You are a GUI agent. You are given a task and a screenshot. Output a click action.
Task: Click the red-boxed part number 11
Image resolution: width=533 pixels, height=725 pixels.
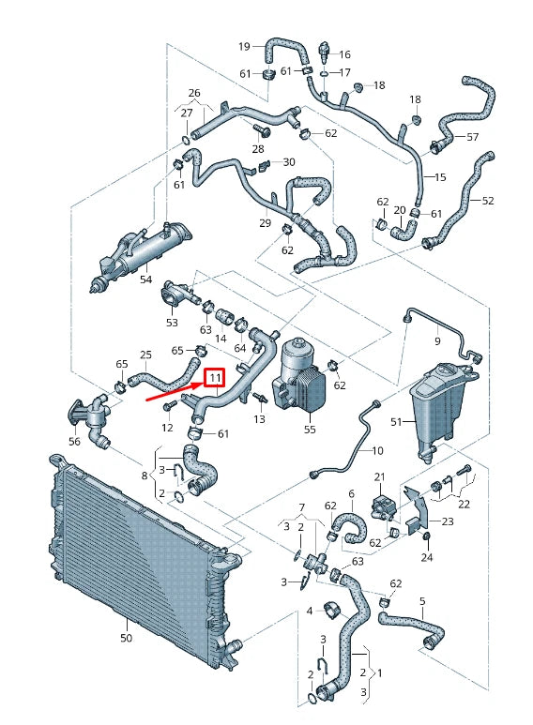click(215, 378)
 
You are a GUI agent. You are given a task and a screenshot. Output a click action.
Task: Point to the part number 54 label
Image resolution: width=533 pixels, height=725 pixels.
click(145, 279)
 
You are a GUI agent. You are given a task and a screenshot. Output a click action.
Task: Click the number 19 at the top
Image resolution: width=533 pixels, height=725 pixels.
click(244, 46)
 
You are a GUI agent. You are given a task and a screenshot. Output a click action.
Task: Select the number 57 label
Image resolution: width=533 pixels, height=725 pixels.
click(473, 137)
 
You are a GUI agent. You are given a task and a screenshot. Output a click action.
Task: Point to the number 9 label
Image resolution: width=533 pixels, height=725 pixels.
click(436, 340)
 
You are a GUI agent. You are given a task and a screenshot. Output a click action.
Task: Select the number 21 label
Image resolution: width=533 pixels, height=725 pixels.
click(380, 477)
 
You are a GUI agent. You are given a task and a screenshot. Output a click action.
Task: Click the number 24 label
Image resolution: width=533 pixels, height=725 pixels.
click(427, 557)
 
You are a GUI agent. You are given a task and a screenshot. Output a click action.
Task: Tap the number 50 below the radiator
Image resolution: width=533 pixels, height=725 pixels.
click(127, 638)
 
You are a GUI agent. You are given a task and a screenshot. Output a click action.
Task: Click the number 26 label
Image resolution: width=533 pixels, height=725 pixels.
click(194, 93)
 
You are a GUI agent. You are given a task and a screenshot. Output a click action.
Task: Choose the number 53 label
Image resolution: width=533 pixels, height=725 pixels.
click(172, 323)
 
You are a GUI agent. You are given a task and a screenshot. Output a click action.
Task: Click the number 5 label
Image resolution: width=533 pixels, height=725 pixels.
click(422, 601)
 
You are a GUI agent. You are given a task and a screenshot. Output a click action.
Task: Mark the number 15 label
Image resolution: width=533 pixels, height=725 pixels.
click(440, 176)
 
